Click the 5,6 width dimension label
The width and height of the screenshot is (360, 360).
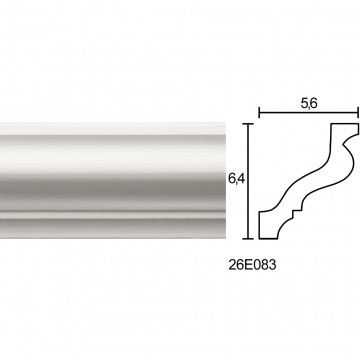pos(309,104)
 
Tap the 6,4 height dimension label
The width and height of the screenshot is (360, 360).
pos(237,179)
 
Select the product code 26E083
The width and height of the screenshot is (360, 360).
pos(252,265)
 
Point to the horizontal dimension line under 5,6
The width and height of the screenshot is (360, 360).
pos(309,113)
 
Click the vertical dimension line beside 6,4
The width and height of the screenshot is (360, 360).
pos(248,181)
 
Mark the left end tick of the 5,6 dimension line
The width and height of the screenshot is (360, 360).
pos(259,113)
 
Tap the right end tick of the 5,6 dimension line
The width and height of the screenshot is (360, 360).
pos(358,113)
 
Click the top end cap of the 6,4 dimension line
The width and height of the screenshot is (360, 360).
pos(248,124)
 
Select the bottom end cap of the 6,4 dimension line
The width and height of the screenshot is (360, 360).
pos(248,239)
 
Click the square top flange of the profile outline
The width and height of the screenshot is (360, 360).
pos(345,129)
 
